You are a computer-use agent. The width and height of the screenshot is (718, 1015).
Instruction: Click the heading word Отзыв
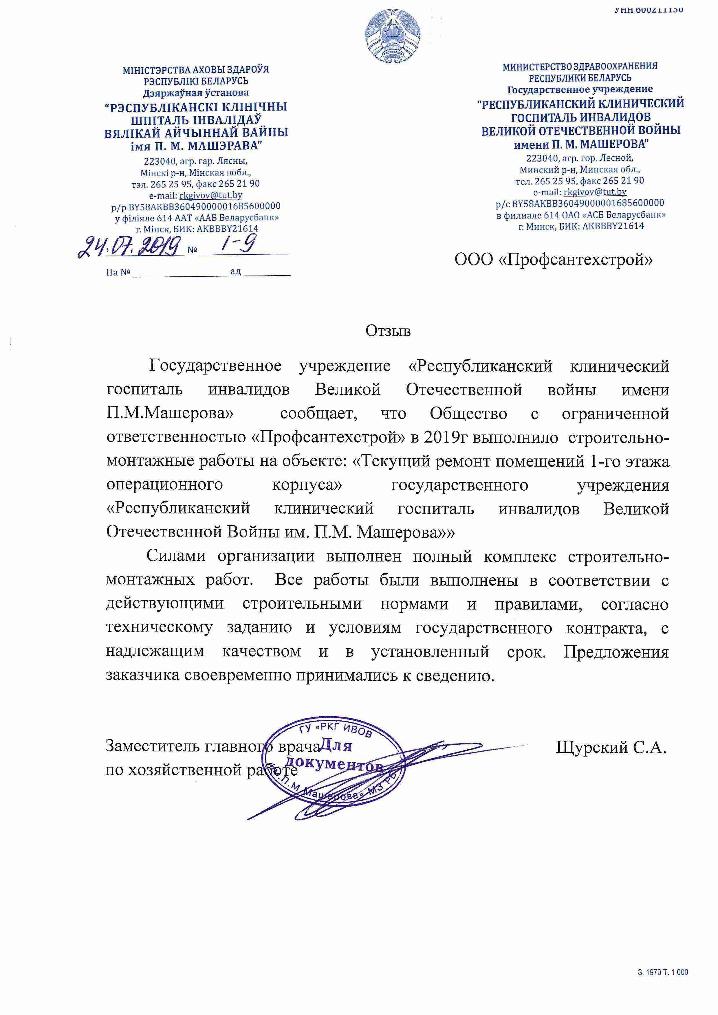(x=388, y=331)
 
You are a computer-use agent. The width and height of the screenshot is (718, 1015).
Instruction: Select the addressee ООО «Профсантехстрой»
(x=554, y=260)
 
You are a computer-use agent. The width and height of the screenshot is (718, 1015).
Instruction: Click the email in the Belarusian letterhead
(x=210, y=195)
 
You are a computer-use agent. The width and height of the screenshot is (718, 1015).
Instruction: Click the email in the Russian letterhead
(x=595, y=192)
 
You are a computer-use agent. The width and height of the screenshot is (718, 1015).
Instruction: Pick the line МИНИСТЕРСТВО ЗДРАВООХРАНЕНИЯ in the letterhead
(x=580, y=66)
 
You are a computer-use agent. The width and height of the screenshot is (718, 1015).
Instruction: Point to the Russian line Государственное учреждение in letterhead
(x=580, y=89)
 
